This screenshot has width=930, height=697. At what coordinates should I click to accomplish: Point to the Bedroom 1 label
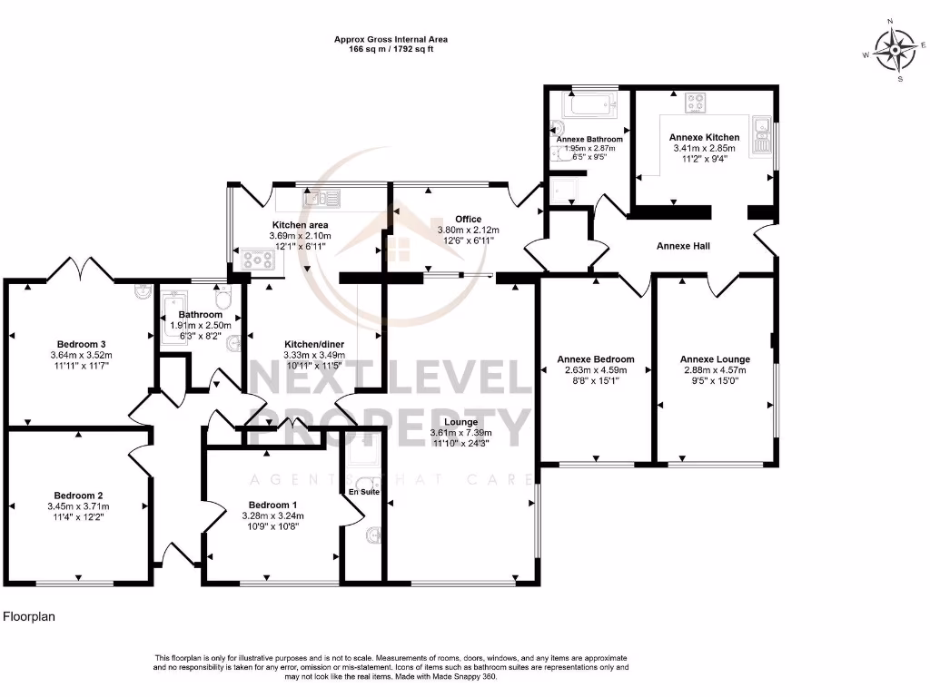(x=272, y=505)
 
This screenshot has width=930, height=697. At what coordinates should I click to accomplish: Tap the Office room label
(x=469, y=219)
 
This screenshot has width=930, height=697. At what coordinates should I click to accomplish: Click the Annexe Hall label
(x=683, y=246)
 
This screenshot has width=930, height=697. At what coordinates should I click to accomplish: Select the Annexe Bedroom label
(x=595, y=359)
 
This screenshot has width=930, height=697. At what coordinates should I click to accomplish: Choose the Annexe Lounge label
(x=713, y=359)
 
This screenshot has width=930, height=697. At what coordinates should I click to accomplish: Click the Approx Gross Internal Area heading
(x=391, y=39)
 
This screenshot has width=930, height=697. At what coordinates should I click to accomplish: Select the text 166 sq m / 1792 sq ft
(x=391, y=49)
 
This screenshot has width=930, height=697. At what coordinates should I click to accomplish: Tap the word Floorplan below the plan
(x=30, y=616)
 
